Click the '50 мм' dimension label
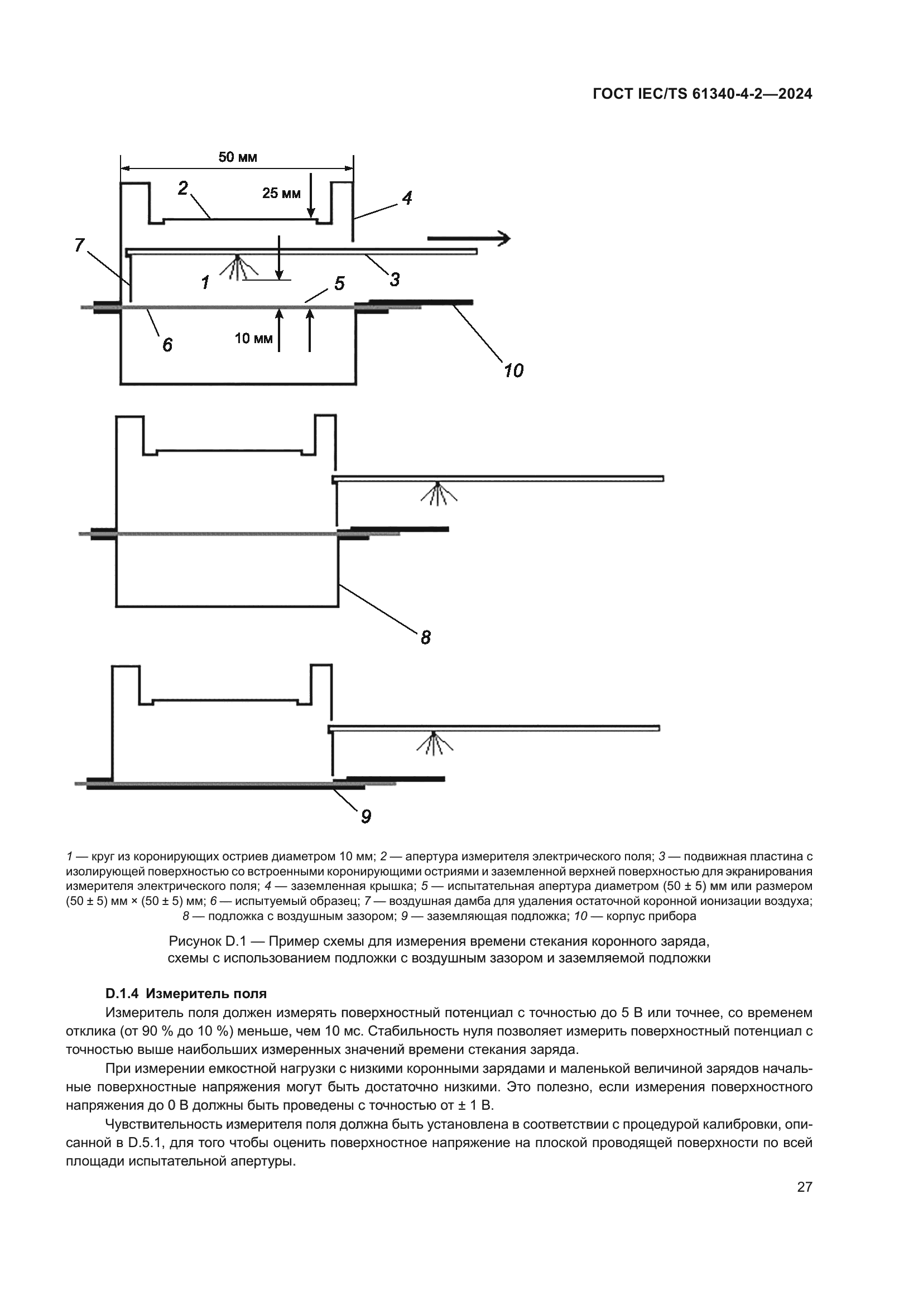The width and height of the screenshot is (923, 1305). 238,157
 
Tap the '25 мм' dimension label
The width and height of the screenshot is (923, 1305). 281,194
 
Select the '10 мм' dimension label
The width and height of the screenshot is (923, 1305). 253,339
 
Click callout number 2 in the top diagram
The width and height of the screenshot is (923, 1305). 183,188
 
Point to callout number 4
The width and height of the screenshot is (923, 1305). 407,198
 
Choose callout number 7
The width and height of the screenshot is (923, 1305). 79,245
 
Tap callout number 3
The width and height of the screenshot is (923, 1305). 395,279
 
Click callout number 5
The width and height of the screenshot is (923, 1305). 339,283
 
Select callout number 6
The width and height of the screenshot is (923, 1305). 167,344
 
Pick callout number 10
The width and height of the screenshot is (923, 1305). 513,370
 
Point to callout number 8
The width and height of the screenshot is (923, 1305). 426,638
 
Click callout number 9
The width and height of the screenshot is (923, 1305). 366,817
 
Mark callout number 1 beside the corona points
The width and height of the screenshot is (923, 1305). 205,282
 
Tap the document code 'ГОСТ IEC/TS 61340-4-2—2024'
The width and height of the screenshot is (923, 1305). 702,94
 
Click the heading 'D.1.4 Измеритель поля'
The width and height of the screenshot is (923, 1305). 186,994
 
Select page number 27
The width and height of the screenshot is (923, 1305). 804,1187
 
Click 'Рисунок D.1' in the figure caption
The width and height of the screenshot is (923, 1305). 206,941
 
